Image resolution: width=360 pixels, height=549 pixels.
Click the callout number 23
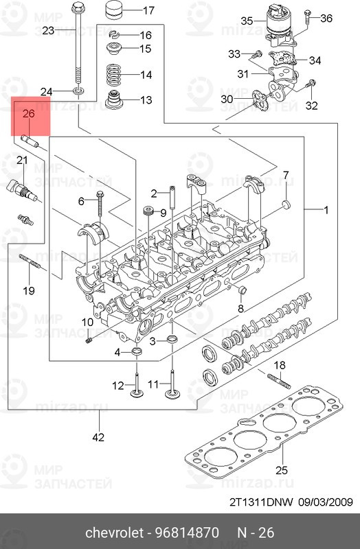coord(48,30)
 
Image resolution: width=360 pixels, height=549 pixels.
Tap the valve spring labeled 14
coord(113,75)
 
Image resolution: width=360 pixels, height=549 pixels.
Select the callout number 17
coord(148,10)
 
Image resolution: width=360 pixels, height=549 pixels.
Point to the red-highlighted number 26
coord(29,114)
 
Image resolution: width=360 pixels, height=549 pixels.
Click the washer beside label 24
coord(78,92)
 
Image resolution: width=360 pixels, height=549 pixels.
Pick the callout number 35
coord(247,21)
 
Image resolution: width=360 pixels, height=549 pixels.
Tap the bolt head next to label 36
coord(306,12)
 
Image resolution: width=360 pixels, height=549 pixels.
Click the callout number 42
coord(98,437)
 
